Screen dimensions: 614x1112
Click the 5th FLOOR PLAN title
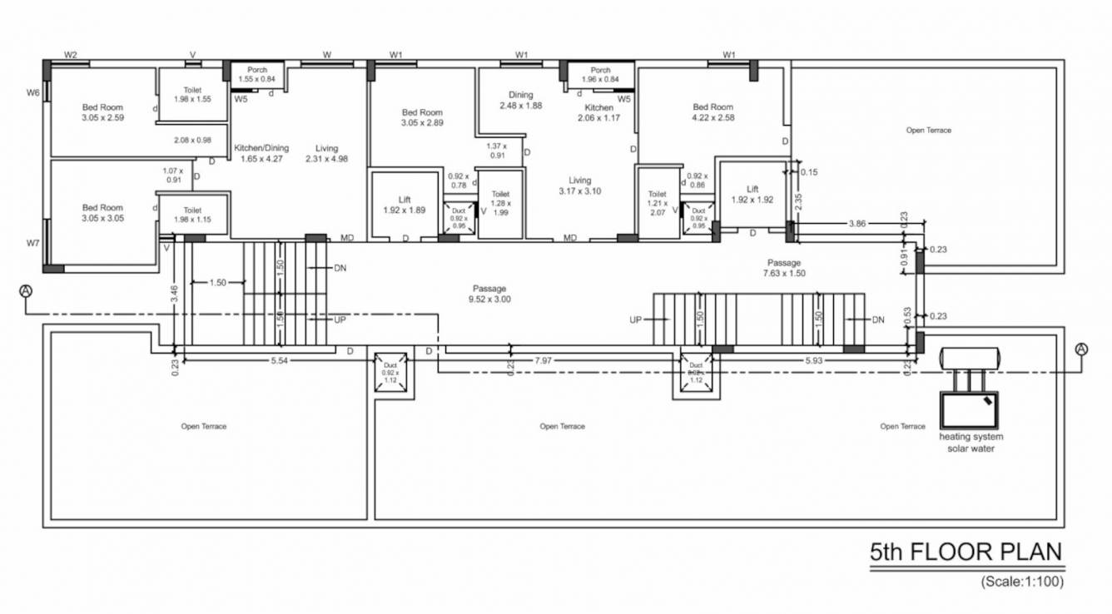point(966,552)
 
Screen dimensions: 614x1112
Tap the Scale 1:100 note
point(1021,582)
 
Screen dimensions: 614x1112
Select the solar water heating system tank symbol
point(970,358)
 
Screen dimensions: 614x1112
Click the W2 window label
point(71,55)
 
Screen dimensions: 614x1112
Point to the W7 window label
point(32,243)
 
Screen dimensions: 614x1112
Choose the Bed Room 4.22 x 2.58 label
point(713,112)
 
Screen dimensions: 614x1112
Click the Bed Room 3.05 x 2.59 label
point(102,112)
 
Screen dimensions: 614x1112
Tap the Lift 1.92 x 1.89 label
point(405,205)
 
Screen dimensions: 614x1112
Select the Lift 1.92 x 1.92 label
point(752,195)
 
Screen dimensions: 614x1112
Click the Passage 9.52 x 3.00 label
point(489,294)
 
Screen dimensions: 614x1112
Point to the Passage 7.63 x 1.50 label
point(784,268)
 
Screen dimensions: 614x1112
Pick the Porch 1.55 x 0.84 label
point(256,74)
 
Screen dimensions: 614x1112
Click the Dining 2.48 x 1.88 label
point(521,101)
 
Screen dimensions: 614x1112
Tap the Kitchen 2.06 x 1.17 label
point(598,113)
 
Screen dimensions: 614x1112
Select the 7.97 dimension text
point(543,360)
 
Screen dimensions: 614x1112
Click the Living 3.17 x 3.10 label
point(580,186)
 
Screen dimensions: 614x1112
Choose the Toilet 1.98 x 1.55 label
point(192,94)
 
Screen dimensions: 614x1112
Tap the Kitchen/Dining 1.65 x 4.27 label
point(261,153)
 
